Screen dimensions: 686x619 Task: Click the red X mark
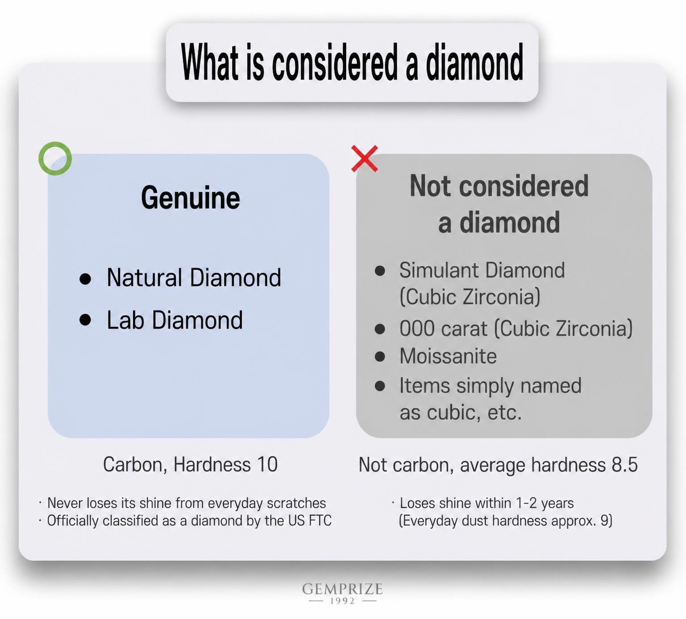(364, 159)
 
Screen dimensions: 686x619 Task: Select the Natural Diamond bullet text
(194, 277)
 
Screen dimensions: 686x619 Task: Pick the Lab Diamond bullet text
(175, 320)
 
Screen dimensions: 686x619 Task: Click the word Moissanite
(448, 356)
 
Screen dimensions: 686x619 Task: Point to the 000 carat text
(443, 329)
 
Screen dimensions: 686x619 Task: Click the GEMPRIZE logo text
(343, 589)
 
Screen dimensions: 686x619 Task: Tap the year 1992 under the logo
(343, 601)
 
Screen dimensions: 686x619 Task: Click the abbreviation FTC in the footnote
(320, 521)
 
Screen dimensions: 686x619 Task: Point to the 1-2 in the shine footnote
(526, 503)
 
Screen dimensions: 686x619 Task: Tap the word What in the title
(209, 62)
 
